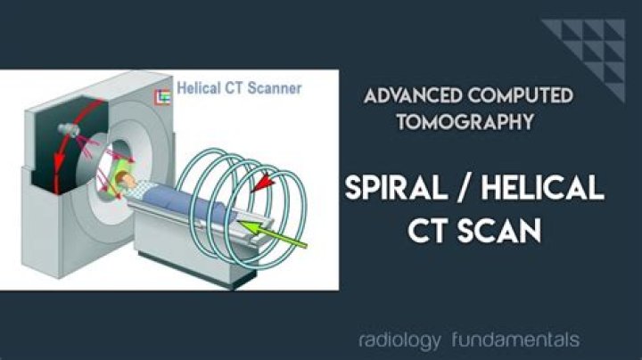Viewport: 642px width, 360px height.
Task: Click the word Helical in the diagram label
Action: (202, 88)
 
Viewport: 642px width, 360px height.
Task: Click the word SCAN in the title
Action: (508, 230)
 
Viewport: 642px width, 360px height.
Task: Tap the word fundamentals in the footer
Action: (515, 340)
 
